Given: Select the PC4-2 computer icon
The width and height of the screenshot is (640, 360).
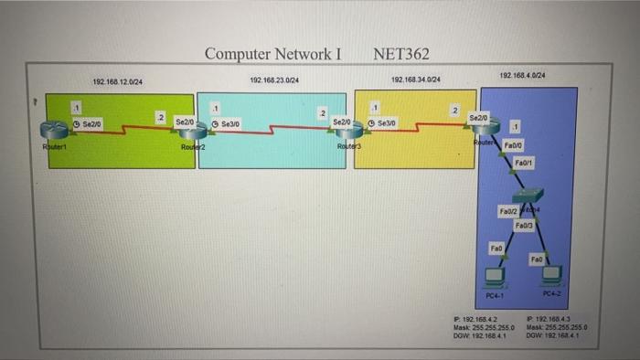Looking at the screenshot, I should click(551, 276).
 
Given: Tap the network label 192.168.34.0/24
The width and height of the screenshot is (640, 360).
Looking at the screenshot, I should click(415, 80).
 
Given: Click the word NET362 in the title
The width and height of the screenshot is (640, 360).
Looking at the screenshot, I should click(401, 54).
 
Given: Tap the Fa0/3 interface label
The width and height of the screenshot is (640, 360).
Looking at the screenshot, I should click(525, 224).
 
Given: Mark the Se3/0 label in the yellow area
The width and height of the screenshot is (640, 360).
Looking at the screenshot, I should click(382, 122).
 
